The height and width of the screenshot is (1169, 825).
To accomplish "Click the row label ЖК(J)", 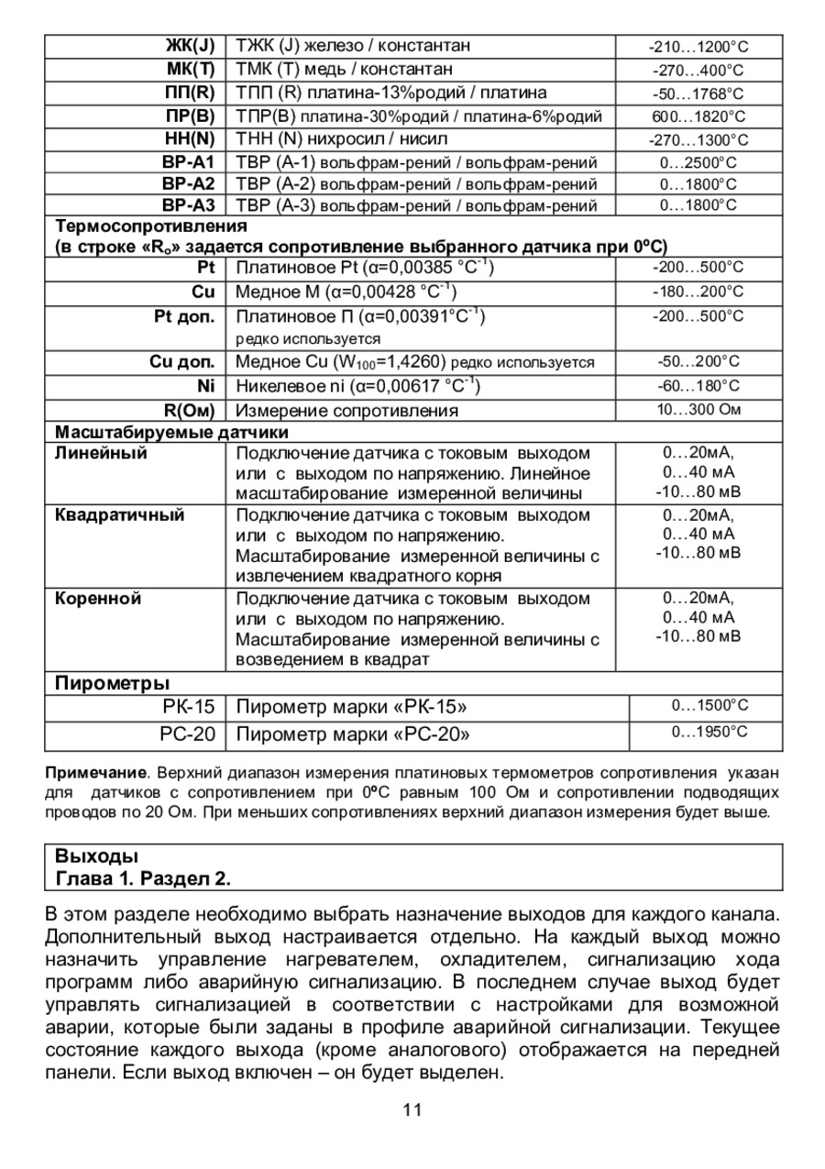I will pyautogui.click(x=191, y=45).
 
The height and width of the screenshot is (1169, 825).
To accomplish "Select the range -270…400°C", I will pyautogui.click(x=698, y=70).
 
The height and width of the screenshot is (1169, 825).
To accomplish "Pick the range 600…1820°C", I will pyautogui.click(x=698, y=116).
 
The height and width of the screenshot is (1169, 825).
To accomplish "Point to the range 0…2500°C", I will pyautogui.click(x=698, y=162).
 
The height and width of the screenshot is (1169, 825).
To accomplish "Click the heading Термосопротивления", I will pyautogui.click(x=151, y=226).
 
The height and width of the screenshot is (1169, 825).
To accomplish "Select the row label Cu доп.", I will pyautogui.click(x=181, y=361).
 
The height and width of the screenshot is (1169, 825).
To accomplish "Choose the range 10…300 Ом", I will pyautogui.click(x=698, y=409).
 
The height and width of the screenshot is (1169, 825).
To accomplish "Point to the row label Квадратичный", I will pyautogui.click(x=120, y=515).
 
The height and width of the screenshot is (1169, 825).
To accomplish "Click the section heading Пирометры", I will pyautogui.click(x=112, y=682).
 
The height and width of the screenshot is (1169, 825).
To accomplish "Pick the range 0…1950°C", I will pyautogui.click(x=709, y=733).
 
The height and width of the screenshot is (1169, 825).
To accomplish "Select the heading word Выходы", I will pyautogui.click(x=96, y=857).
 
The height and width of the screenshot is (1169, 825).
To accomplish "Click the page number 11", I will pyautogui.click(x=412, y=1110).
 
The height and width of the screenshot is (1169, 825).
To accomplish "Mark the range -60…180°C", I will pyautogui.click(x=698, y=386).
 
